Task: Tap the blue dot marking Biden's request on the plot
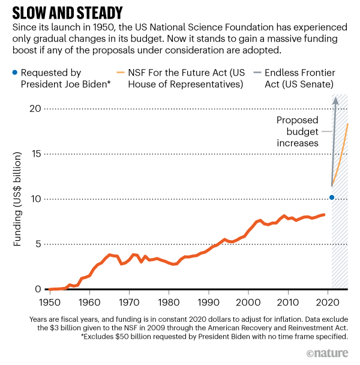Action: [331, 198]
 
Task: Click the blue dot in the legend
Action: [13, 73]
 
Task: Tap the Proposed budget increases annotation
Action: [296, 131]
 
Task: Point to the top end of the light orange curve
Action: [347, 124]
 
